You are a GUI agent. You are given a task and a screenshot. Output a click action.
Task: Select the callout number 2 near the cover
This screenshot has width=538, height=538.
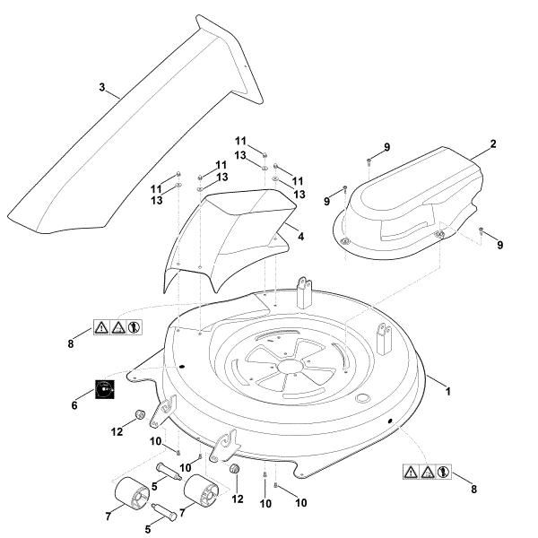tap(492, 143)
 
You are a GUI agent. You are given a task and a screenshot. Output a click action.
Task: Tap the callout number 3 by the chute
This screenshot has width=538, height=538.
tap(102, 88)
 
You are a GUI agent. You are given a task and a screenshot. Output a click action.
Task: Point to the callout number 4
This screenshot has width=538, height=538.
tap(300, 237)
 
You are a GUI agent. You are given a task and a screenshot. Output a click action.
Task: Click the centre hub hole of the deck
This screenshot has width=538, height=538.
tap(291, 366)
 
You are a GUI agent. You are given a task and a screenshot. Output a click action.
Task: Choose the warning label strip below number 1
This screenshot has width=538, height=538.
tap(426, 470)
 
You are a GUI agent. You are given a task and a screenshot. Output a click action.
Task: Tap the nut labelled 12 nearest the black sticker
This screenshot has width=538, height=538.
tap(140, 414)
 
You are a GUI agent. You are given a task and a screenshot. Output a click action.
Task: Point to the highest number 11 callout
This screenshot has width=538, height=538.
tap(240, 142)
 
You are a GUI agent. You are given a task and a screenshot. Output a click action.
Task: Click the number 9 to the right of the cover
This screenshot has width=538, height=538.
tap(500, 245)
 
